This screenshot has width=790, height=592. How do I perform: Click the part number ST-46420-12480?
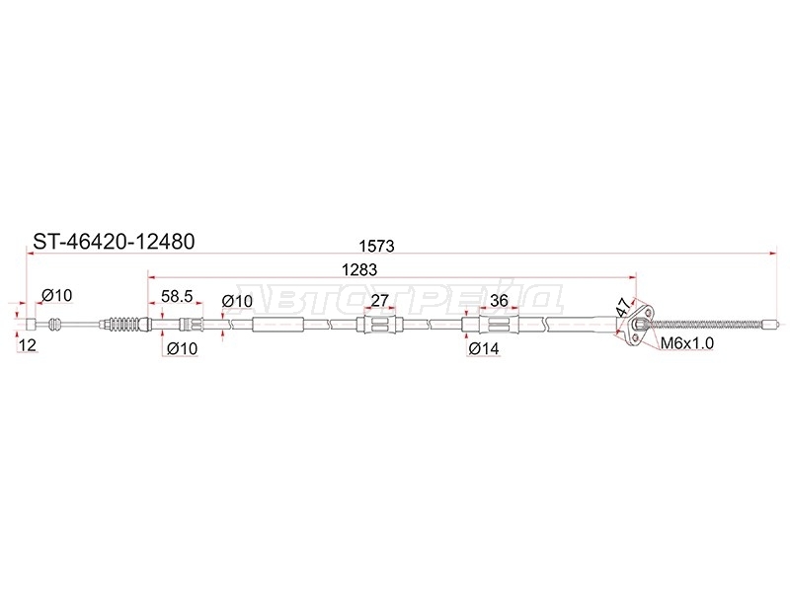click(114, 242)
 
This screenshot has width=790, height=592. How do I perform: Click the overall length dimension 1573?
click(376, 246)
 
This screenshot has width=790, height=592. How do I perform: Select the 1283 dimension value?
click(359, 269)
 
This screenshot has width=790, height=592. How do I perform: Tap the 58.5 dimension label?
click(177, 296)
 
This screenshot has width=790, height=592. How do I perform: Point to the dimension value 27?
click(379, 301)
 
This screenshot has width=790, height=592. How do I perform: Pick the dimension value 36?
click(499, 301)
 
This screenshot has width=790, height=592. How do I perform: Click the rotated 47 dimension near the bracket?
click(623, 307)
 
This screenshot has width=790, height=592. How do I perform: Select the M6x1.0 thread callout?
click(686, 343)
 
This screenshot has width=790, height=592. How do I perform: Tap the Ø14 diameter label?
click(484, 348)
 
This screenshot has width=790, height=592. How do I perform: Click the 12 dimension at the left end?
click(28, 345)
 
